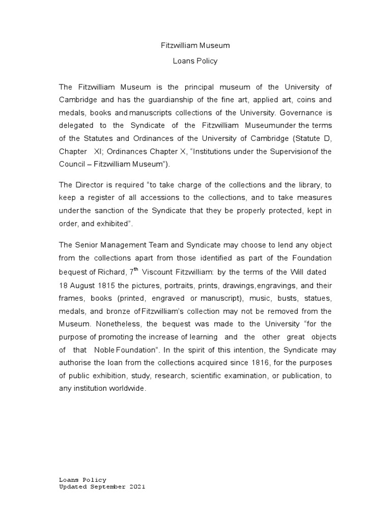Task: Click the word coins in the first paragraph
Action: [x=302, y=100]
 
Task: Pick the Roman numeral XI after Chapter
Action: [x=98, y=152]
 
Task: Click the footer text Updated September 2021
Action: [x=102, y=486]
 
